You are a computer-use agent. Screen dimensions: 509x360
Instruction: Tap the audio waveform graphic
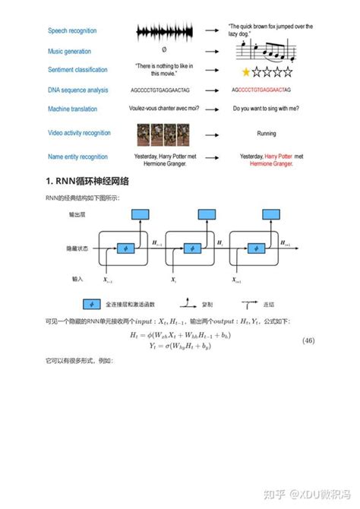(x=161, y=31)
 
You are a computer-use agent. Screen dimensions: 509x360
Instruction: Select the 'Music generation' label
(x=69, y=52)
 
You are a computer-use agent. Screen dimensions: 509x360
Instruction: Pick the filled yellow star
(x=245, y=72)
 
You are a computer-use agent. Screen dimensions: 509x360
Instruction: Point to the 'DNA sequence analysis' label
(x=77, y=90)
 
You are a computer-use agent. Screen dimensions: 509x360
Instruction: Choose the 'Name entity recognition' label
(x=78, y=156)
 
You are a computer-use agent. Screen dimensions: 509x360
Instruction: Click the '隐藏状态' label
(x=77, y=248)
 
